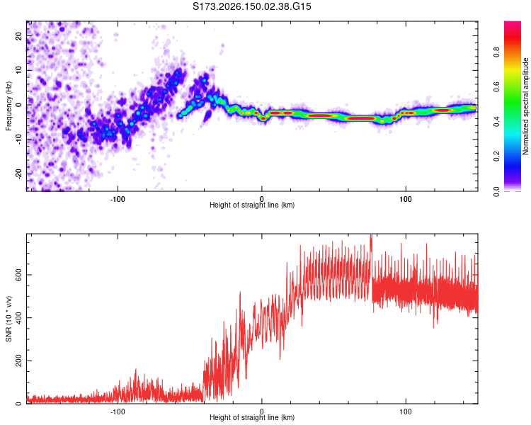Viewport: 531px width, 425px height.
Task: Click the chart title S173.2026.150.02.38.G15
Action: click(251, 6)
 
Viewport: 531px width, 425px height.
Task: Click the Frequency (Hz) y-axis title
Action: click(8, 106)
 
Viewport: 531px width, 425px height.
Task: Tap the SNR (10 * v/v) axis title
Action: click(8, 319)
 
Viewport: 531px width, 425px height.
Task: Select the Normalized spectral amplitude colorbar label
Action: click(525, 106)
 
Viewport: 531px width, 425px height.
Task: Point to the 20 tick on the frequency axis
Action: click(19, 35)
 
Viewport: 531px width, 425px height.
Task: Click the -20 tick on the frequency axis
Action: click(19, 174)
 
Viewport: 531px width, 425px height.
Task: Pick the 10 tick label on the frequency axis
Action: click(19, 70)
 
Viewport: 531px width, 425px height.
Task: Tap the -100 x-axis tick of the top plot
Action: click(118, 199)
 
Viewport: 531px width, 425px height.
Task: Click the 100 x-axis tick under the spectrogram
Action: click(406, 199)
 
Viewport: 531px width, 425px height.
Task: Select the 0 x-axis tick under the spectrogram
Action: click(261, 199)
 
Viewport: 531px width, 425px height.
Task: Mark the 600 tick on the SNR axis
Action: click(19, 275)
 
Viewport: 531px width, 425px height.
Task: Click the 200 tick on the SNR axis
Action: click(19, 361)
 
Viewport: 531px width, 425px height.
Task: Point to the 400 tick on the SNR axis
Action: click(19, 317)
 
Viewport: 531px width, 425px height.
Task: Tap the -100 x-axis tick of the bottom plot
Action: click(118, 412)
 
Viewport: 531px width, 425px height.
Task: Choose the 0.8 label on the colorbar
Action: click(496, 52)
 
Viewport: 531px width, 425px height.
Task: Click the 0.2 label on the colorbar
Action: click(496, 157)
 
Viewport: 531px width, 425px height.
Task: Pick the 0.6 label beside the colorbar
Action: click(496, 87)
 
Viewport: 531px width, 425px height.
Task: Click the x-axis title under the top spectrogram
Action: click(252, 205)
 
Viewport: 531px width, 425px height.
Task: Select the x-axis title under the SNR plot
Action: click(252, 417)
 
